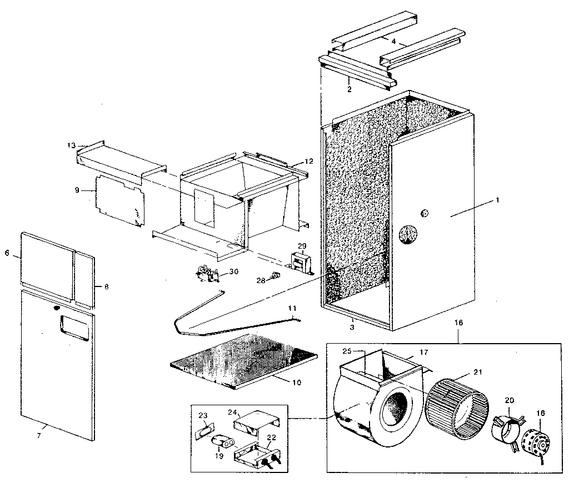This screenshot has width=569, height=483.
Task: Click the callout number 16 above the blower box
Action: tap(458, 322)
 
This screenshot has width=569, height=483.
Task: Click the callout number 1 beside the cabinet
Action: tap(498, 200)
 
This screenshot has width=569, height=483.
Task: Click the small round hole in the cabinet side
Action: tap(425, 213)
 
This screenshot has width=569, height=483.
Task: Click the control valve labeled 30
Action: tap(207, 273)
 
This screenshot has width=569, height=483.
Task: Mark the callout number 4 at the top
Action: tap(393, 41)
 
